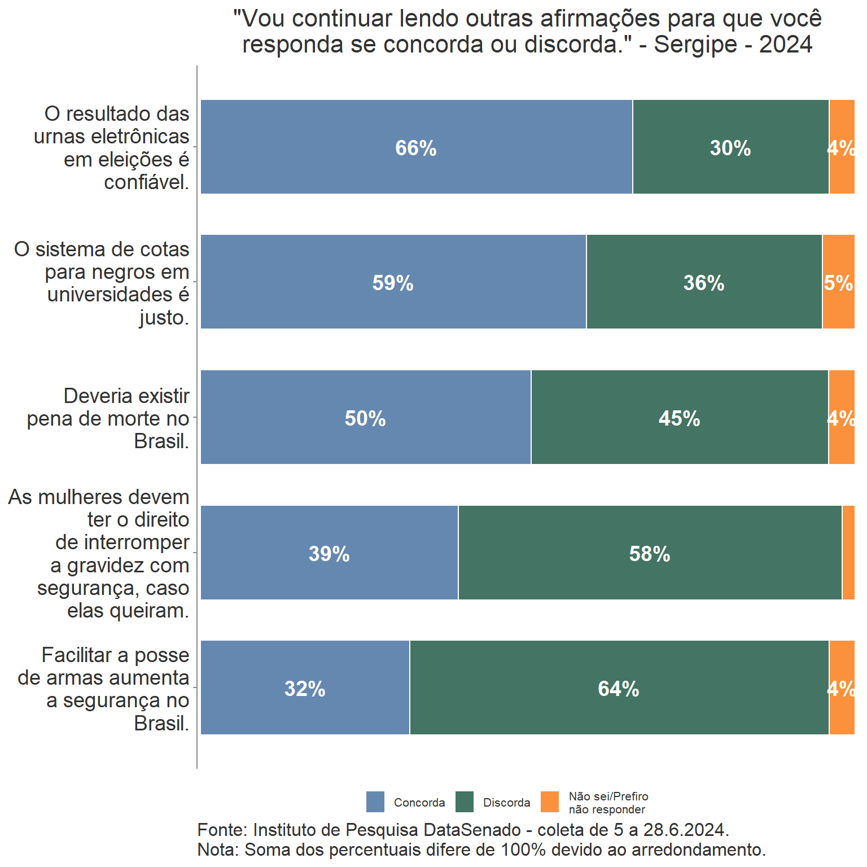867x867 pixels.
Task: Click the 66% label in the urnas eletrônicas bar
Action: pyautogui.click(x=415, y=148)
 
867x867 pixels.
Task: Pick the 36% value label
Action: pyautogui.click(x=704, y=283)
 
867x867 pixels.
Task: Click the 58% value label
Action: pyautogui.click(x=650, y=554)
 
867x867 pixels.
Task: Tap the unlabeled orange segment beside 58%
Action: pyautogui.click(x=848, y=553)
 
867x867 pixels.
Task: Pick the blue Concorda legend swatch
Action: pyautogui.click(x=375, y=802)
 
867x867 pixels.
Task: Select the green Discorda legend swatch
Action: pyautogui.click(x=465, y=802)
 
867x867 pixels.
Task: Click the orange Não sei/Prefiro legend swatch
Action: pyautogui.click(x=550, y=802)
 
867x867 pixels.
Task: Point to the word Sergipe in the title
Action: pyautogui.click(x=695, y=45)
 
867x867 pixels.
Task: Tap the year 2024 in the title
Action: pyautogui.click(x=786, y=45)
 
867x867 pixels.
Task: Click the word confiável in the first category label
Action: pyautogui.click(x=146, y=182)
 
